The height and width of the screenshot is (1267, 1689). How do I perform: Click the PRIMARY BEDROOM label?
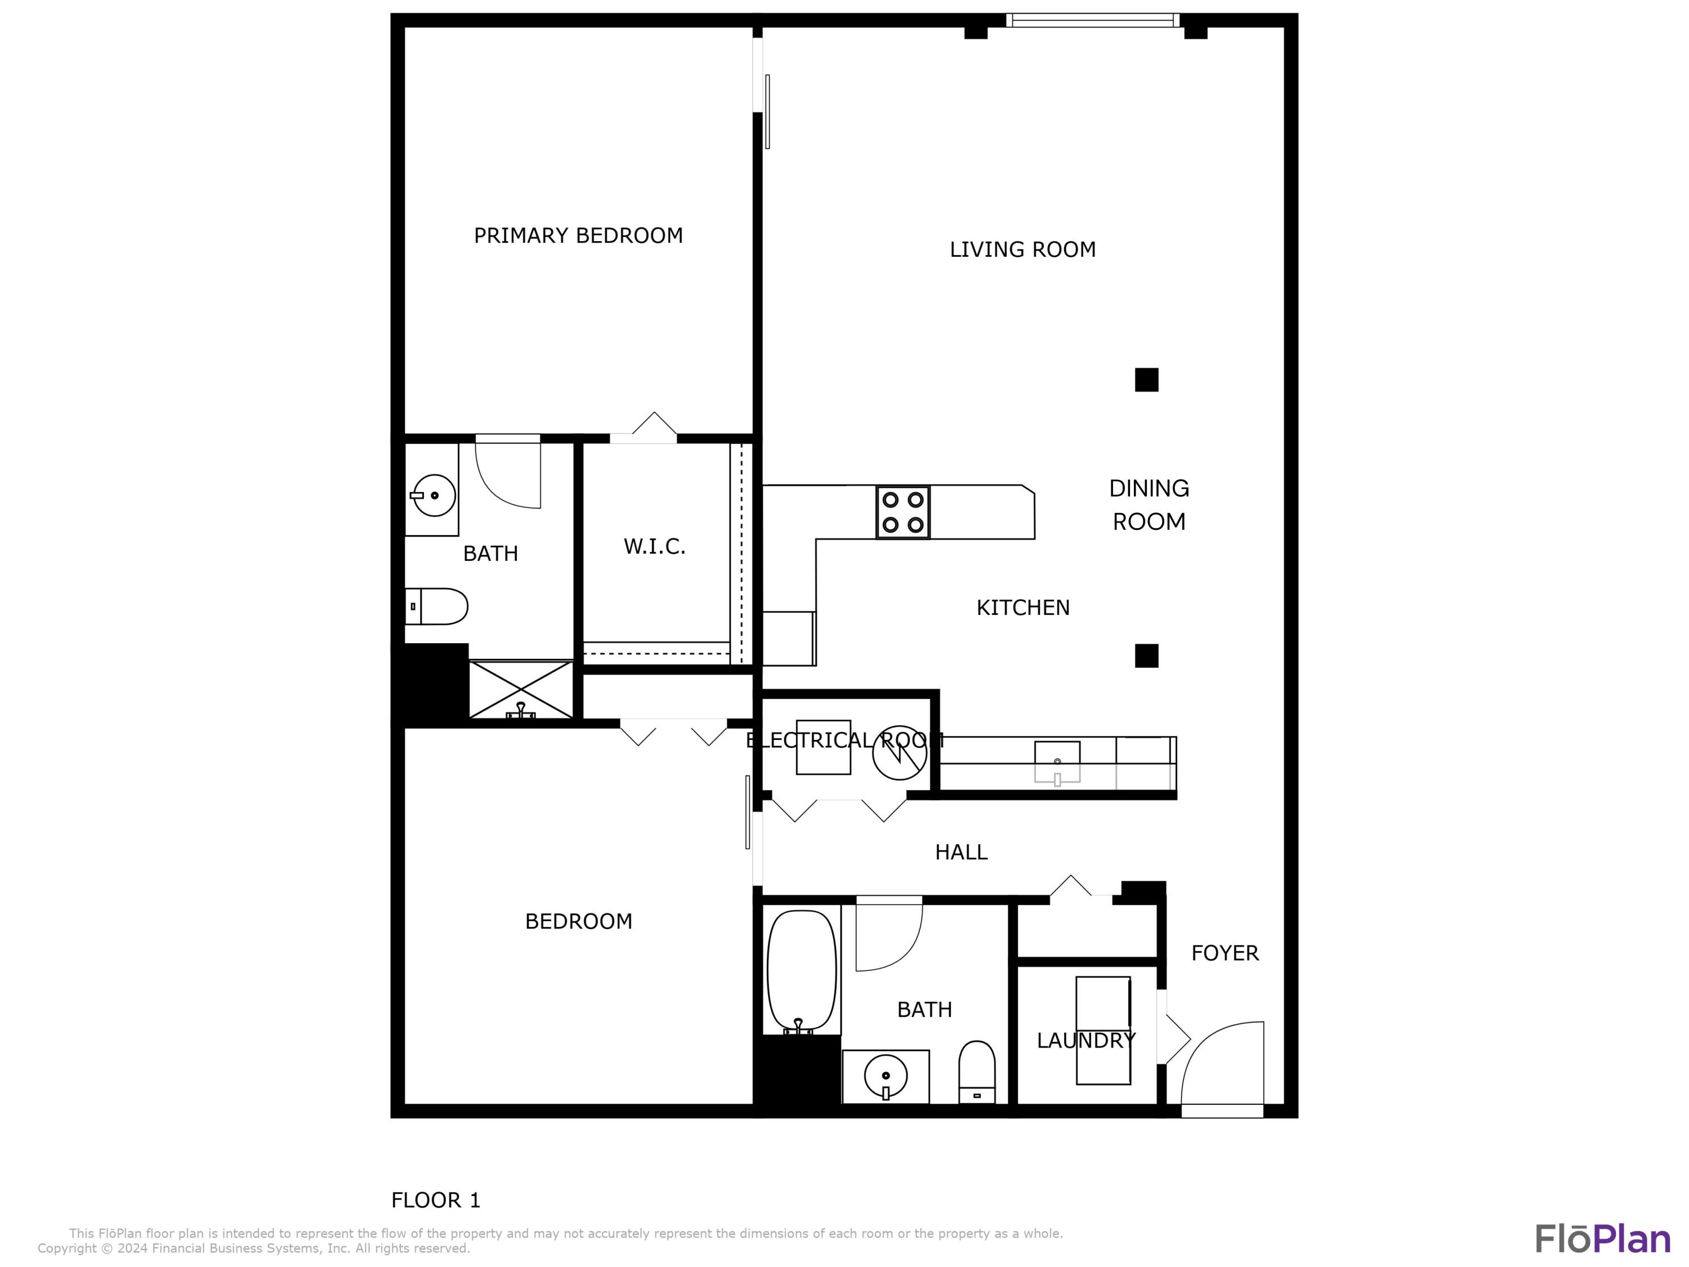tap(578, 235)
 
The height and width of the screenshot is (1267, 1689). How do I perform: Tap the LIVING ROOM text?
tap(1022, 249)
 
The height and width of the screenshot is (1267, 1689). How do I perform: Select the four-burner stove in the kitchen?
tap(902, 512)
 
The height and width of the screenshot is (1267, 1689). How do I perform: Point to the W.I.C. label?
tap(654, 546)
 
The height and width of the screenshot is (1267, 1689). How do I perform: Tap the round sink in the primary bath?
tap(433, 495)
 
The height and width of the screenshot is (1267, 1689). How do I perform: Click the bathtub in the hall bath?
tap(801, 970)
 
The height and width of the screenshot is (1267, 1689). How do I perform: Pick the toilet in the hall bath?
tap(977, 1072)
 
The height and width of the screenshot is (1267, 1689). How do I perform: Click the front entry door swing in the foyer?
tap(1222, 1065)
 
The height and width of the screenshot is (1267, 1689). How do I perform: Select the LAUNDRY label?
tap(1085, 1040)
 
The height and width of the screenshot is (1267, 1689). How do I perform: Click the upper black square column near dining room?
tap(1146, 380)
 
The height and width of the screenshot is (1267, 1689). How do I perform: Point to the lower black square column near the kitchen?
tap(1146, 655)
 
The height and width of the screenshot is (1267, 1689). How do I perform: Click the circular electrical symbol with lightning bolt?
tap(900, 753)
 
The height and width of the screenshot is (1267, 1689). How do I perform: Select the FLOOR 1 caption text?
tap(435, 1200)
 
